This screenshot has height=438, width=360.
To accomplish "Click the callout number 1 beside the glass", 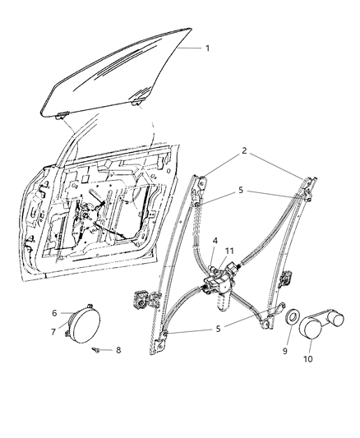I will coord(207,48).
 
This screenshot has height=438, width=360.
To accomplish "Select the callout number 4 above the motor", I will coord(214,241).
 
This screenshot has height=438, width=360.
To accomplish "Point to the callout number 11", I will coord(230,251).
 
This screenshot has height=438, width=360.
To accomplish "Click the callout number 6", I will coord(54,313).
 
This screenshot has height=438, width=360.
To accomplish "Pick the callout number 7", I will coord(54,331).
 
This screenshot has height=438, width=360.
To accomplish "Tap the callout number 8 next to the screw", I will coord(118,350).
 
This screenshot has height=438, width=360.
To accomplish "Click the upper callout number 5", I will coord(241,190).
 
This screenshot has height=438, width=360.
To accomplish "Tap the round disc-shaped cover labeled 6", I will coord(82,323).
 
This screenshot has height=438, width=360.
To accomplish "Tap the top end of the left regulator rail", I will coord(200,177).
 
